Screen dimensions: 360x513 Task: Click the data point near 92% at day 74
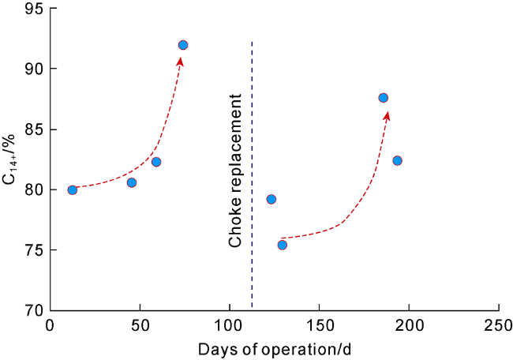(183, 45)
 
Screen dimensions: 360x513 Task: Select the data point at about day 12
(73, 189)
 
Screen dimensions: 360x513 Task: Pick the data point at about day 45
(132, 182)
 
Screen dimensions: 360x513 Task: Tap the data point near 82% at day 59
(156, 162)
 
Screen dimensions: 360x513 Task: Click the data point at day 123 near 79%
(271, 199)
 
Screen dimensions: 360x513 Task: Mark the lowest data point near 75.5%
(282, 245)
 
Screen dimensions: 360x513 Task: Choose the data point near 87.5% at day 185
(384, 98)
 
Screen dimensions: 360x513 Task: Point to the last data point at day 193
(397, 160)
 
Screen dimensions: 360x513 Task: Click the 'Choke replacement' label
(235, 171)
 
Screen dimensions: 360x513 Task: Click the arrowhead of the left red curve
(180, 62)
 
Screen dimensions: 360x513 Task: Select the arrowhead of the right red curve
(387, 115)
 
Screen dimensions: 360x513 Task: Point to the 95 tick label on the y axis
(34, 9)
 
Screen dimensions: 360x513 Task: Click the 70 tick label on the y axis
(34, 311)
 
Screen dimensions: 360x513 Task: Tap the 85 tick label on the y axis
(34, 129)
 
